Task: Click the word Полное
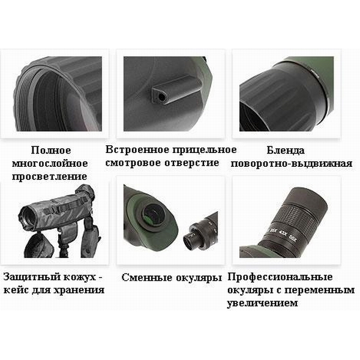coord(51,151)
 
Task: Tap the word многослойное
coord(50,163)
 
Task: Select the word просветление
coord(50,177)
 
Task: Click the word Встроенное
coord(137,149)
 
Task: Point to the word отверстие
coord(192,163)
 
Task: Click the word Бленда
coord(286,151)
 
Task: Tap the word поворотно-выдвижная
coord(292,164)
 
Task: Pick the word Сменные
coord(148,277)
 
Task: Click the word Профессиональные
coord(280,277)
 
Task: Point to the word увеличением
coord(262,303)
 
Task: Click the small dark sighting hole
coord(162,97)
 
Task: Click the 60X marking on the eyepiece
coord(293,239)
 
